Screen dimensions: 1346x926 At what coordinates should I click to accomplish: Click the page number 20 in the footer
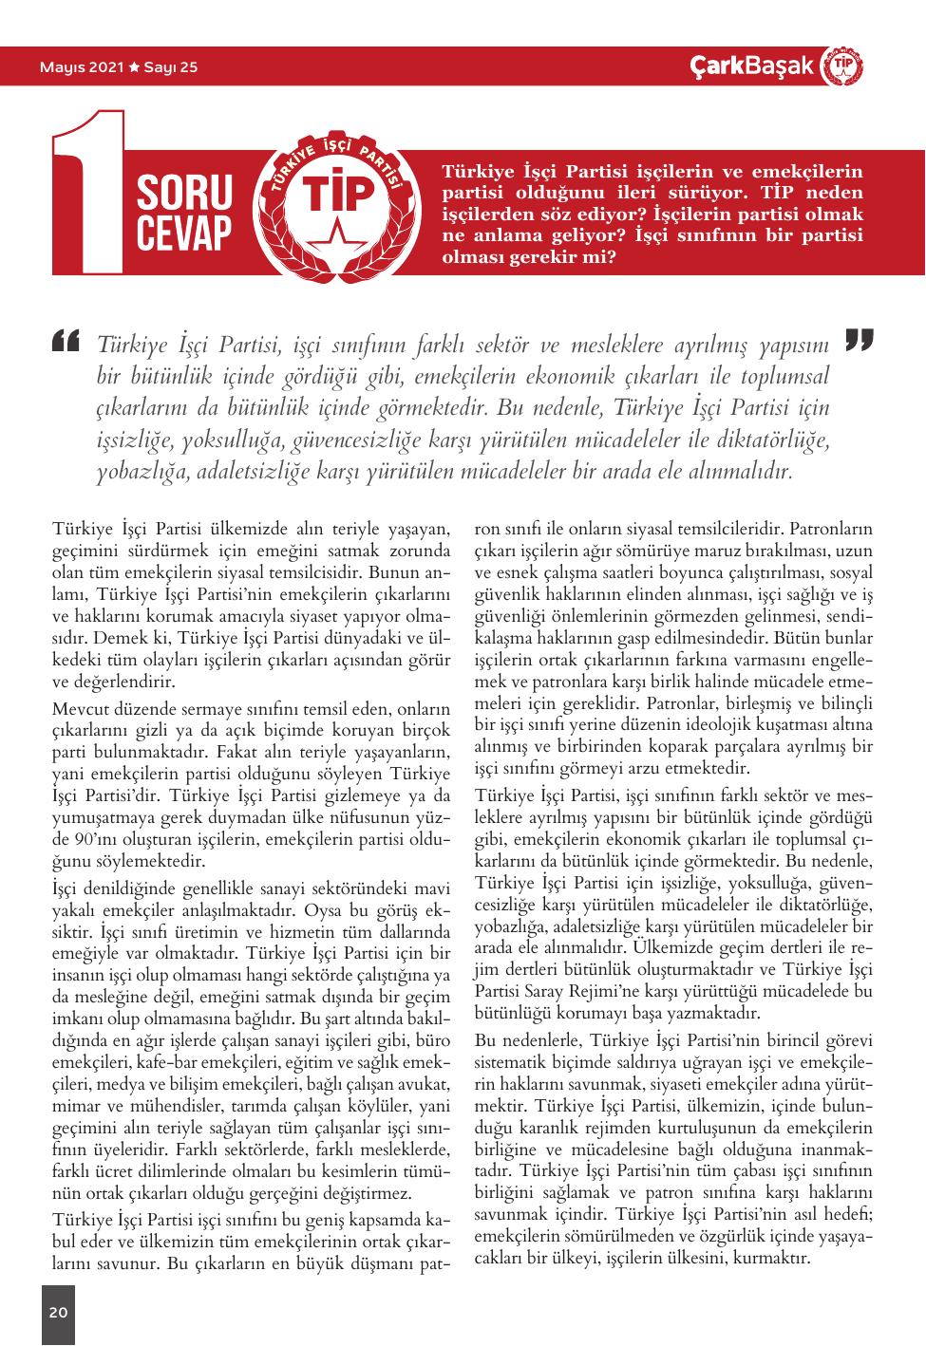point(58,1313)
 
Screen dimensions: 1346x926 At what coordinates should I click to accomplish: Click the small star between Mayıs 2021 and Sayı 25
point(134,67)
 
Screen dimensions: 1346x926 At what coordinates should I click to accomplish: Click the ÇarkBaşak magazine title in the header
point(752,66)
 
